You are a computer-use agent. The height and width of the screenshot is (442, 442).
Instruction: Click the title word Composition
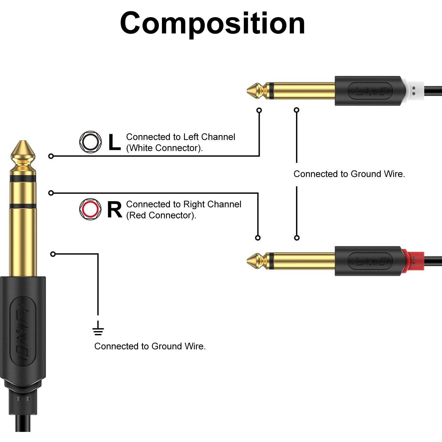pos(212,23)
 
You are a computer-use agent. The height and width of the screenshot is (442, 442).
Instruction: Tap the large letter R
pos(114,210)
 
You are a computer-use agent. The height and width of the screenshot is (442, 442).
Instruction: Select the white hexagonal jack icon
pos(90,142)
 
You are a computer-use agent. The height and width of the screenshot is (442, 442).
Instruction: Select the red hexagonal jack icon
pos(90,209)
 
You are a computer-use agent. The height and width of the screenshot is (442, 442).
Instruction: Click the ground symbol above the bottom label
pos(98,328)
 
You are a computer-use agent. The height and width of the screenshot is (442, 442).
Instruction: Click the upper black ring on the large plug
pos(23,179)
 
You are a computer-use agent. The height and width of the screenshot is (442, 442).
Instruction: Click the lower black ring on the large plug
pos(23,206)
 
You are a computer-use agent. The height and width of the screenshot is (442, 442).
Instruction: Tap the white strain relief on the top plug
pos(414,91)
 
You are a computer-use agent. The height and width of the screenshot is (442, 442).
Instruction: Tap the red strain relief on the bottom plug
pos(414,261)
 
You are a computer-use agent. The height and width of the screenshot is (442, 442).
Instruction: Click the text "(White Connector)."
pos(164,148)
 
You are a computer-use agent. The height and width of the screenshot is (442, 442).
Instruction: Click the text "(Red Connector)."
pos(161,215)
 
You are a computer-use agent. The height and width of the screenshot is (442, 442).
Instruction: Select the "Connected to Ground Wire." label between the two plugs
pos(349,174)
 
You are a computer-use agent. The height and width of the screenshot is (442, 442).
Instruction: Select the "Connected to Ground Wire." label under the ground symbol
pos(150,346)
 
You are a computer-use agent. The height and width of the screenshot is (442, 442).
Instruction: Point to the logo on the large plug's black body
pos(23,332)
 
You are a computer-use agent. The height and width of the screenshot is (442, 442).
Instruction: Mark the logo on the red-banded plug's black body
pos(370,261)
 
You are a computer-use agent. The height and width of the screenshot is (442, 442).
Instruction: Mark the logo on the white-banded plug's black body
pos(370,91)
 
